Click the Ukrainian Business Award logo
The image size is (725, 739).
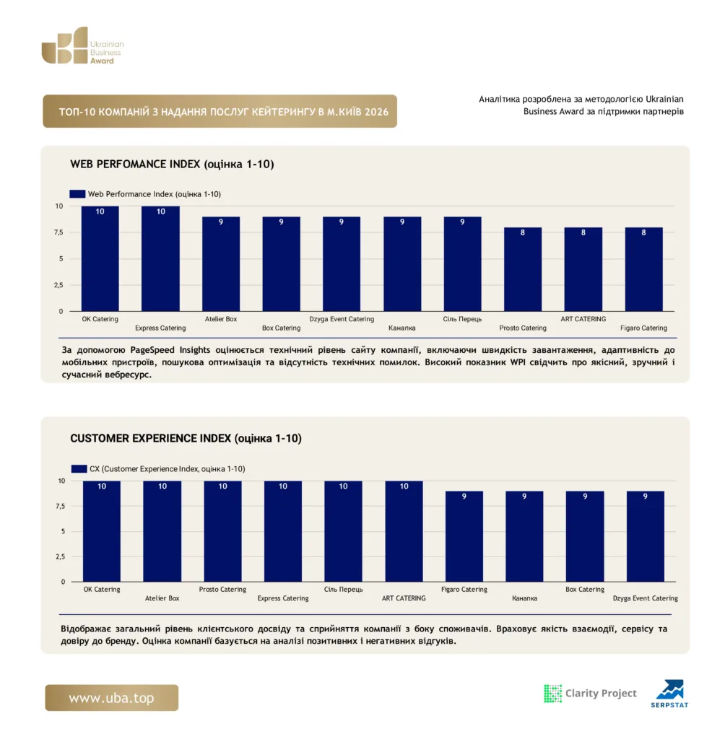point(82,45)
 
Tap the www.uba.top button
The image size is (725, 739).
point(112,698)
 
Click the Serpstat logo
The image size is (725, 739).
point(670,694)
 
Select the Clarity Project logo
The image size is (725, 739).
point(590,694)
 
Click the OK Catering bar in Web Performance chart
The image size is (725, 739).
point(100,259)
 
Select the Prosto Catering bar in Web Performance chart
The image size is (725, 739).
point(523,270)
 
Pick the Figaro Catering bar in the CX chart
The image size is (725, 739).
point(464,536)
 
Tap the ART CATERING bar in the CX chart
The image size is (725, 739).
point(404,531)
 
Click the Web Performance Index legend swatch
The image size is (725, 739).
point(77,193)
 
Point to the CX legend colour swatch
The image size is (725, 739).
point(79,468)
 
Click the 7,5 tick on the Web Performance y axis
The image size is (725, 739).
point(58,232)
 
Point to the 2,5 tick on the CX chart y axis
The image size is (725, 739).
point(60,556)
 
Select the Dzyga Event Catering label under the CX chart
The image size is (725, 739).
point(646,598)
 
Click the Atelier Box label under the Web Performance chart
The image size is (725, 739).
point(221,319)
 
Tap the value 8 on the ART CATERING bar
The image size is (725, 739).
point(583,232)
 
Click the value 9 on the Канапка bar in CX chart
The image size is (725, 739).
point(524,497)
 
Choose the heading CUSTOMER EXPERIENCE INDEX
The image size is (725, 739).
point(150,438)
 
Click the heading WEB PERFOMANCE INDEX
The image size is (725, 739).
point(135,164)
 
